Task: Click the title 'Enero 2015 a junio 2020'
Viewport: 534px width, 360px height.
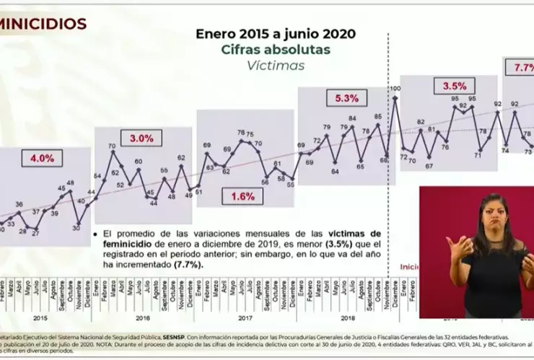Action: (276, 34)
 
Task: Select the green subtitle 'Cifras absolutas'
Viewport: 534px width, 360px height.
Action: (275, 50)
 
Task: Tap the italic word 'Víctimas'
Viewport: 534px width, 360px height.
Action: (275, 66)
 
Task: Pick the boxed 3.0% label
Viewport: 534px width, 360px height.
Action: (141, 138)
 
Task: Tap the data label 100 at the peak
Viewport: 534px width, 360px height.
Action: (395, 89)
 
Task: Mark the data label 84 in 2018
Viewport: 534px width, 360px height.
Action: (352, 118)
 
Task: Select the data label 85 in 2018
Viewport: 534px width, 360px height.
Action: (378, 116)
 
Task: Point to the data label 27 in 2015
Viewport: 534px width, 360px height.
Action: (35, 233)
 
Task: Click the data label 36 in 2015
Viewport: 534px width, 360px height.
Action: (19, 205)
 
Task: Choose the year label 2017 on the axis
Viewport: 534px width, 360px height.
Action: (245, 315)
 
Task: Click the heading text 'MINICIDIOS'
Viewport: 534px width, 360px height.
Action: (43, 24)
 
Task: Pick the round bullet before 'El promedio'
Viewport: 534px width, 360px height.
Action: (96, 234)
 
